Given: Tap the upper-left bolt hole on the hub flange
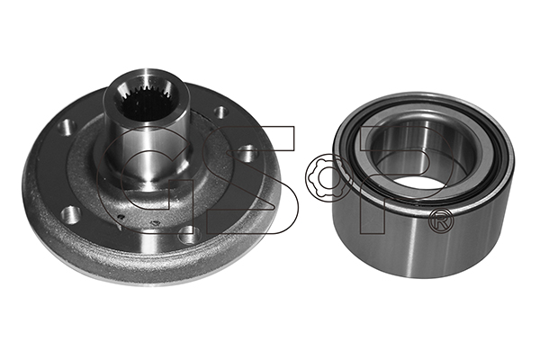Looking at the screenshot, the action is point(67,127).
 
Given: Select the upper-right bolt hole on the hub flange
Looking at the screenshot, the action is point(221,112).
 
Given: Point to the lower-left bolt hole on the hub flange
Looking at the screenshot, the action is point(71,214).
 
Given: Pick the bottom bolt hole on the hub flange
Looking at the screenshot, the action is point(189,235).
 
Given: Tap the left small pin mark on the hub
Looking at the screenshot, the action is point(121,217).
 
